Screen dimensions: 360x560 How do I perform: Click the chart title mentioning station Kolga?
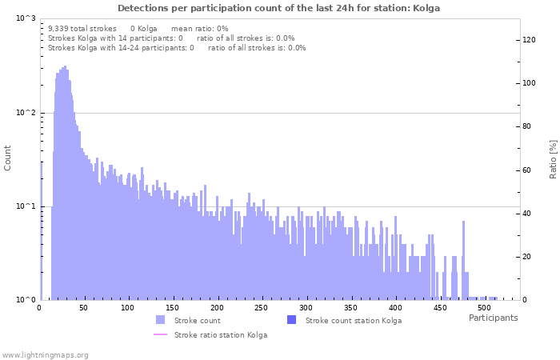[x=279, y=8]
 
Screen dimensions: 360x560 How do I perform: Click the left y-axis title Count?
[x=8, y=158]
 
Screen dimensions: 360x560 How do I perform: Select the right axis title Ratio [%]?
[x=552, y=158]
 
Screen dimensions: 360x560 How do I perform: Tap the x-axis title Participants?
[x=493, y=318]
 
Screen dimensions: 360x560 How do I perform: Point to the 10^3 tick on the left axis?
[x=26, y=18]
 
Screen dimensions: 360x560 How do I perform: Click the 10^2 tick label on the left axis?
[x=26, y=113]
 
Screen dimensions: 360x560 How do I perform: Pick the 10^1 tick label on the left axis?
[x=26, y=206]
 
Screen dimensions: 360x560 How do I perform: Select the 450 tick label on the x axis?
[x=439, y=307]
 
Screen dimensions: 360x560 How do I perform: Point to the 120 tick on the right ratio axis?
[x=529, y=40]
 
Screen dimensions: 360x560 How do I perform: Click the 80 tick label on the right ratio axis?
[x=527, y=126]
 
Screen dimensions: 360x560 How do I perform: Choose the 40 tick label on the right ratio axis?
[x=527, y=214]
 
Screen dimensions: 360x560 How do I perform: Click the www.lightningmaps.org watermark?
[x=46, y=354]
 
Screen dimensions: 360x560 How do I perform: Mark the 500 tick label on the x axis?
[x=483, y=307]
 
